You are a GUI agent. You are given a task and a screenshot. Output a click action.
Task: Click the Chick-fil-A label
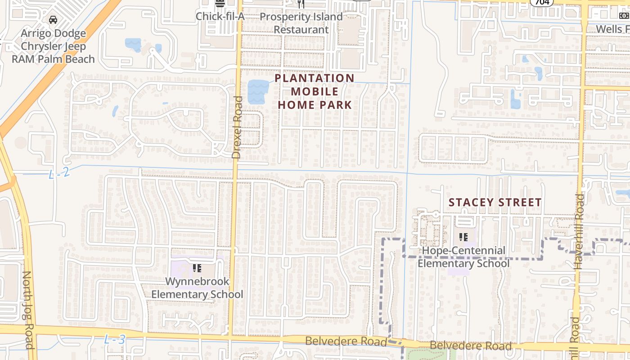(220, 17)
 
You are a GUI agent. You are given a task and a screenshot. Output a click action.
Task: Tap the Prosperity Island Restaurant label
(301, 23)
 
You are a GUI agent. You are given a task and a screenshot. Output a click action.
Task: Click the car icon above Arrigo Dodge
(53, 20)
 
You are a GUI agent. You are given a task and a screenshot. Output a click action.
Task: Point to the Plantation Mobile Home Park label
(315, 91)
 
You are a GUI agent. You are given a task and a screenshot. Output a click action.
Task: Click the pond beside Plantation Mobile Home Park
(258, 91)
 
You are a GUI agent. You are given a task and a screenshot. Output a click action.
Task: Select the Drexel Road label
(237, 127)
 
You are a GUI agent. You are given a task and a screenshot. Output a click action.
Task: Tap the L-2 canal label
(59, 172)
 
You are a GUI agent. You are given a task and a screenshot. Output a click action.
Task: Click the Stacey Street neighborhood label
(495, 202)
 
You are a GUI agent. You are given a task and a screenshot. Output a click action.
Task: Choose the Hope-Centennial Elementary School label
(463, 257)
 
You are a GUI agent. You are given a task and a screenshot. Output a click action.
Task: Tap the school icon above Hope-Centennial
(463, 237)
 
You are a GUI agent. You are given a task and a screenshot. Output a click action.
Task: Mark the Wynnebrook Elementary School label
(197, 288)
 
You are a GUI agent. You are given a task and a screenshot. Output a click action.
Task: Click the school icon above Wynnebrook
(197, 269)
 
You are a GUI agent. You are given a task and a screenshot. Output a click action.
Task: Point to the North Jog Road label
(28, 310)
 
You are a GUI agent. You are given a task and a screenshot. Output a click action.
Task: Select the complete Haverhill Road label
(579, 231)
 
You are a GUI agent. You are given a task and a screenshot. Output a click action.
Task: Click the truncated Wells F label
(612, 29)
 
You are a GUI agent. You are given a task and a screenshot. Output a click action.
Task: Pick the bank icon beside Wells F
(624, 16)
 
